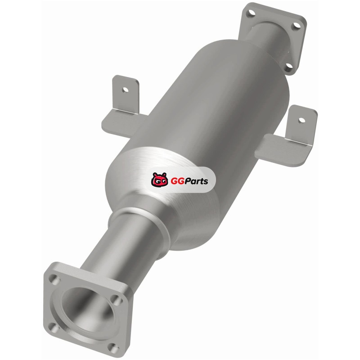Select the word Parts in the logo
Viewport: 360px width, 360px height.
[x=197, y=181]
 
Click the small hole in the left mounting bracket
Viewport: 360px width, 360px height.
[x=126, y=90]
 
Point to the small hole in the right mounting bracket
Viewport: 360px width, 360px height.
[x=301, y=120]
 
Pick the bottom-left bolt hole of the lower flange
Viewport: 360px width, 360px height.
[x=54, y=327]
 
